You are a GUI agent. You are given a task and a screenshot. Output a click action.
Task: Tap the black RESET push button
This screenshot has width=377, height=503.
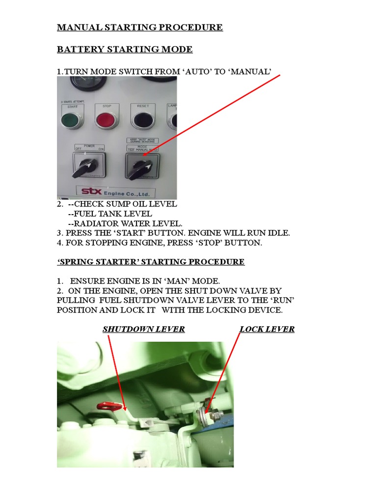tap(143, 119)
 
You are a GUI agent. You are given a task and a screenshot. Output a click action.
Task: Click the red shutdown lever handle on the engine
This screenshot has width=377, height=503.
tap(106, 406)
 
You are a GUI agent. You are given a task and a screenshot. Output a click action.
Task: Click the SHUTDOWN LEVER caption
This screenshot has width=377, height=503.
tap(143, 329)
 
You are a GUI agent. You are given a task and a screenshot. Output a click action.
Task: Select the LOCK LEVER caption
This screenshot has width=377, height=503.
tap(267, 329)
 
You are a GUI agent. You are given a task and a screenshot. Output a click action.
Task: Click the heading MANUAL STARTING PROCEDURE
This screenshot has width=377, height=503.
tap(140, 27)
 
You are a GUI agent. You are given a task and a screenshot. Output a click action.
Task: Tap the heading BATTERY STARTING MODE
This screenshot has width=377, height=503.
tap(125, 49)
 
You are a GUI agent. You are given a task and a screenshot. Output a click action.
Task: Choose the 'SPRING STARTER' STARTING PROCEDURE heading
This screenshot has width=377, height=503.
tap(151, 262)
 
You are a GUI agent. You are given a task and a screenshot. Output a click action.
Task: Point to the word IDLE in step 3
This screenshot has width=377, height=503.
tap(278, 233)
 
